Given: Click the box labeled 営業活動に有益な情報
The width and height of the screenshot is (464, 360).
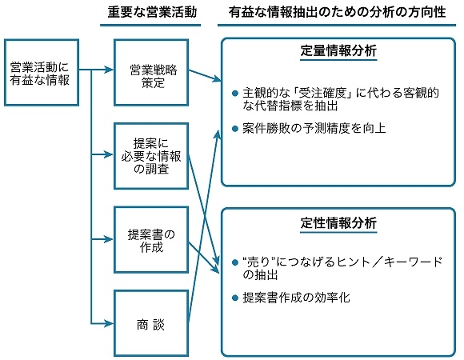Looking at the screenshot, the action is click(42, 73).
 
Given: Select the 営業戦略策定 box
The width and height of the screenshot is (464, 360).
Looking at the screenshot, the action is click(151, 73).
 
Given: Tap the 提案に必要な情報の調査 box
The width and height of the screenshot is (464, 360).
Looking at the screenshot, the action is click(151, 156).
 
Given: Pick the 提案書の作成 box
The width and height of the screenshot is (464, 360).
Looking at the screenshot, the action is click(151, 240).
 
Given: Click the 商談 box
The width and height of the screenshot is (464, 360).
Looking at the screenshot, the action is click(151, 323).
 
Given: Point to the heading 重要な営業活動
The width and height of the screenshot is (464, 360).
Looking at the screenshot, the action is click(152, 13).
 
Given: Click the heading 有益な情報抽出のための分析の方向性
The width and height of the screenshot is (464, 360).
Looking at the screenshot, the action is click(337, 13).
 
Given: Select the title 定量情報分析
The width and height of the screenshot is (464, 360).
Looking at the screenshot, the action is click(338, 50).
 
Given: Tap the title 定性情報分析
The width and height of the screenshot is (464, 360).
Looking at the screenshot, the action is click(338, 222).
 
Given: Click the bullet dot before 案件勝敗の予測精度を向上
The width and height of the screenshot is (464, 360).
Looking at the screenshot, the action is click(235, 129).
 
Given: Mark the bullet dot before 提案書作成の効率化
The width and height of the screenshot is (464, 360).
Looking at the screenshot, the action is click(235, 298).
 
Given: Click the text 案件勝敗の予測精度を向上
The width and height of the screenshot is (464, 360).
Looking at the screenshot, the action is click(314, 128).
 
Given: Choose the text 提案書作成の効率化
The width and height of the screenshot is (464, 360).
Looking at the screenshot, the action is click(296, 298).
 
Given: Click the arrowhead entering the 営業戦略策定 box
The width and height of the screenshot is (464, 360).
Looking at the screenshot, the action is click(109, 70).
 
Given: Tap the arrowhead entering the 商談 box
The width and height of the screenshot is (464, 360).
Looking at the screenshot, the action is click(109, 324).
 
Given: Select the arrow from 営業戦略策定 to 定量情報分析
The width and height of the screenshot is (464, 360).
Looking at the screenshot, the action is click(205, 75).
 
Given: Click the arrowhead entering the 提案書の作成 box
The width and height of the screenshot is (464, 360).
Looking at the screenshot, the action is click(109, 239).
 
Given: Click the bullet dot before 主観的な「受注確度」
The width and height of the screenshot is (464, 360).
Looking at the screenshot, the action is click(235, 94).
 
